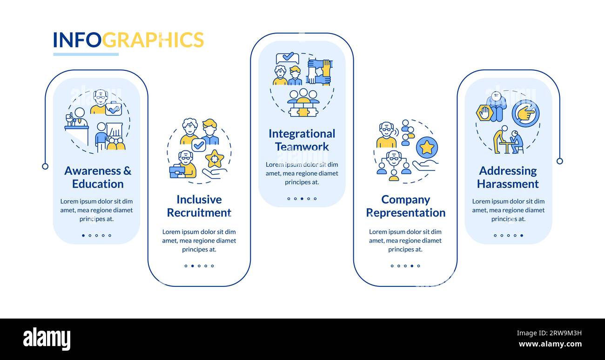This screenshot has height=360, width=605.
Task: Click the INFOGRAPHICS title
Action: pos(128,40)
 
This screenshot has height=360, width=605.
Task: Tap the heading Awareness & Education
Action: pos(98,177)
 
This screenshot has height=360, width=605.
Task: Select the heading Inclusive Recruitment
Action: pos(199,206)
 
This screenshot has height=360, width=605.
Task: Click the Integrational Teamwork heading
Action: pos(302,140)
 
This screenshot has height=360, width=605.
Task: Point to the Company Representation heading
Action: pos(406,206)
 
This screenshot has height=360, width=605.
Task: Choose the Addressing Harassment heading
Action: pos(508,177)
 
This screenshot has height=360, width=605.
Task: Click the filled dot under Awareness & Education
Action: pos(83,235)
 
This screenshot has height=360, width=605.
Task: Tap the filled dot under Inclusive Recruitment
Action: pos(192,266)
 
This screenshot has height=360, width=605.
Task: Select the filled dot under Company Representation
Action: pos(412,266)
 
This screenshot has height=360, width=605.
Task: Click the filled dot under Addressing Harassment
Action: pos(522,235)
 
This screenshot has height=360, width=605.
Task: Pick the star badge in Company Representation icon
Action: pos(427,148)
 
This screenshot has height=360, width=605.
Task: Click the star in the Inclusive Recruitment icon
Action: pos(215,159)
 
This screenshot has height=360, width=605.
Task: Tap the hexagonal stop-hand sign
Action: pos(484,113)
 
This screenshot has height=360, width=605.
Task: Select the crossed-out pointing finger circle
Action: pos(525,114)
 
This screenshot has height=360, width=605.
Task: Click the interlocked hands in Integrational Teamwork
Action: pos(319,72)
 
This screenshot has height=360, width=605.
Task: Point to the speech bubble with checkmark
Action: pos(288,58)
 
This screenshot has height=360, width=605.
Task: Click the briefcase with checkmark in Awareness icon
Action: pos(114,109)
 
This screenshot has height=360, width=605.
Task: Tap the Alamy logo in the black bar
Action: pos(47,339)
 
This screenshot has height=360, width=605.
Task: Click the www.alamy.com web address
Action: pos(550,344)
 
